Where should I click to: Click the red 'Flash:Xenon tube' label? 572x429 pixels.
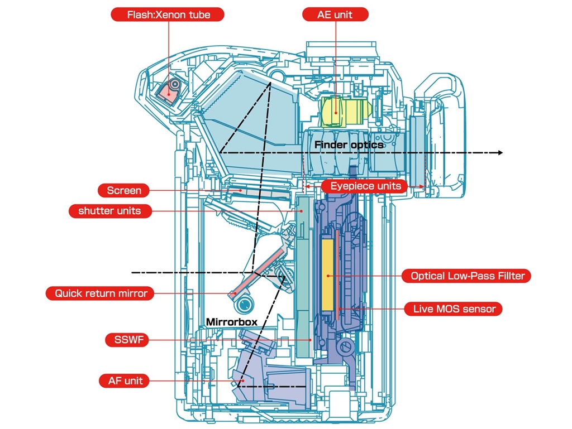click(168, 15)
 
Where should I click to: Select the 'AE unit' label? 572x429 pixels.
click(335, 15)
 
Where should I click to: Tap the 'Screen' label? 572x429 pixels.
click(124, 190)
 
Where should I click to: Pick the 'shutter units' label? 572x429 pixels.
click(109, 211)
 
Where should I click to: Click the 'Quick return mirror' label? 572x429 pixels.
click(101, 293)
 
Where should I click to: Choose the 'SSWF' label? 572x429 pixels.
click(127, 340)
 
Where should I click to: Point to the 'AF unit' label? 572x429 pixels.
click(125, 381)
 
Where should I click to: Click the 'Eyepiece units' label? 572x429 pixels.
click(365, 186)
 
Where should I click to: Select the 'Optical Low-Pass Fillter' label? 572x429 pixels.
click(468, 276)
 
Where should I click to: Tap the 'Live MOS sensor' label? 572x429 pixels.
click(454, 309)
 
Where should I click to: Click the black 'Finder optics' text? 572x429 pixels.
click(349, 145)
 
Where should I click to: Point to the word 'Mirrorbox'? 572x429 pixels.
click(232, 322)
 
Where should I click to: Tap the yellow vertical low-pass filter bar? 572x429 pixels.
click(327, 276)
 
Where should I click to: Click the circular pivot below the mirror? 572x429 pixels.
click(244, 304)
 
